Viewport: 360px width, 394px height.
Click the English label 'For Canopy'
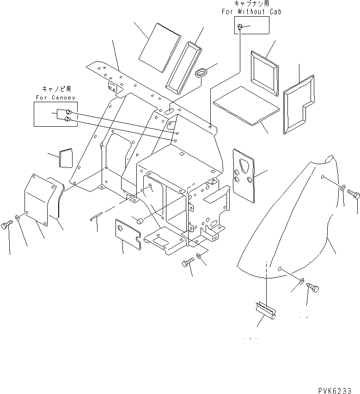55,98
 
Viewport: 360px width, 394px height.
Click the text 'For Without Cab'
251,12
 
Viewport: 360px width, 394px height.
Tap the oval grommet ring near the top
201,73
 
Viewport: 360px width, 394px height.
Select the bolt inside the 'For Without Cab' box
240,28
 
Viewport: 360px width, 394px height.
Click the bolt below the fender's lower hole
312,290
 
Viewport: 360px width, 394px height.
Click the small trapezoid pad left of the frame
66,158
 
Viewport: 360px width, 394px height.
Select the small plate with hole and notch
128,233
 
